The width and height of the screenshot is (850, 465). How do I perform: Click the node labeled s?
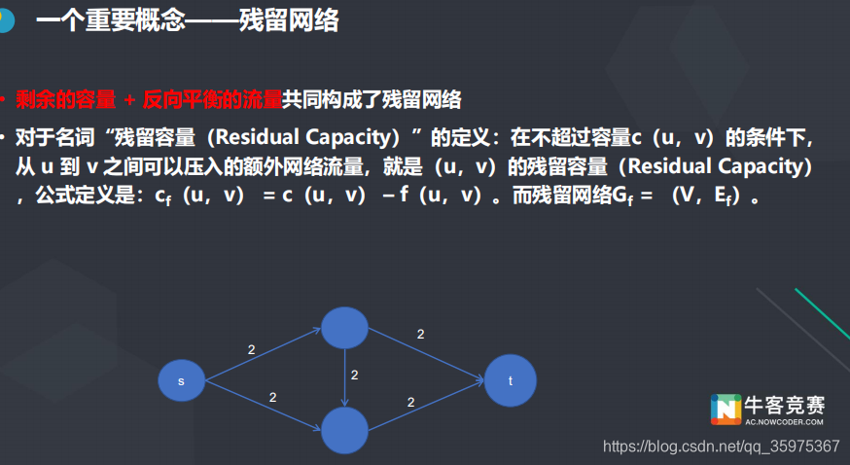pos(182,380)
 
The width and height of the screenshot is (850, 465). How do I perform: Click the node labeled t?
pos(511,380)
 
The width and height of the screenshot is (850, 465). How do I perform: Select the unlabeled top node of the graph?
pos(344,328)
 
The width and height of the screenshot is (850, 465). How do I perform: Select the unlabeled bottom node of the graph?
pos(344,430)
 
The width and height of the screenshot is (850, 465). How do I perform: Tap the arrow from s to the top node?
pos(263,354)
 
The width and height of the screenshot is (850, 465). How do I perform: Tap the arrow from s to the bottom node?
pos(263,406)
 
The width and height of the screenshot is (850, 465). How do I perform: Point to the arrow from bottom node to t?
pos(426,406)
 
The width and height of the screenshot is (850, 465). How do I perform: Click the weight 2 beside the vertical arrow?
pos(355,375)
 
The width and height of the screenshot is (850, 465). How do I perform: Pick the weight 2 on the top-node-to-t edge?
pos(420,334)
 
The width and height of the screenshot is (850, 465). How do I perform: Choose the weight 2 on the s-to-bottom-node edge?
pos(272,397)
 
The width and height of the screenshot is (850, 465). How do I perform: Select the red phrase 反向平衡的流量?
pos(212,98)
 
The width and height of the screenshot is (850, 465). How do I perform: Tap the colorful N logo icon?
pos(725,410)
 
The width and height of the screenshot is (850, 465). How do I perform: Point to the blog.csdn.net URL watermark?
pos(721,447)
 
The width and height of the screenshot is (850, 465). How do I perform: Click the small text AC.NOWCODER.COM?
pos(784,422)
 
